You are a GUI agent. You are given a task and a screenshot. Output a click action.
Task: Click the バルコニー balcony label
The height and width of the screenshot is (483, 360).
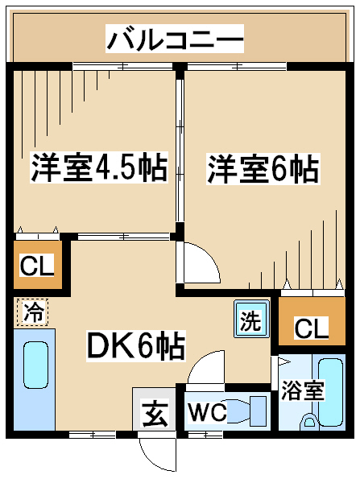pyautogui.click(x=175, y=39)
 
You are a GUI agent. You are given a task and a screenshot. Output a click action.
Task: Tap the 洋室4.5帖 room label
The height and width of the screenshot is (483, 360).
pyautogui.click(x=99, y=168)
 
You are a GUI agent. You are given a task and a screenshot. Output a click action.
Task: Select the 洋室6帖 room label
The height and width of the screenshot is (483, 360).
pyautogui.click(x=263, y=169)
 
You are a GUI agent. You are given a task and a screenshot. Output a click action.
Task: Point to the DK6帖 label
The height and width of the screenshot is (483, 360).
pyautogui.click(x=136, y=345)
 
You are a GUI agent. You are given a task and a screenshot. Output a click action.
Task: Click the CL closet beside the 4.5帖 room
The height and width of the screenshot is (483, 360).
pyautogui.click(x=38, y=265)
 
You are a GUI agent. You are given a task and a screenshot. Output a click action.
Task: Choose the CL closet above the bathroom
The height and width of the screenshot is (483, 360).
pyautogui.click(x=312, y=321)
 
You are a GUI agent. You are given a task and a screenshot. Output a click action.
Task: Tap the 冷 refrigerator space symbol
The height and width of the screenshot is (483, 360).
pyautogui.click(x=33, y=312)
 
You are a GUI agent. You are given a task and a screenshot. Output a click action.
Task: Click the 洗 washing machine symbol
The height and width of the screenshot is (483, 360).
pyautogui.click(x=251, y=319)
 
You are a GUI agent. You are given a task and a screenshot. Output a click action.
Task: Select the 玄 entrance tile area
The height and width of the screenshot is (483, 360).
pyautogui.click(x=154, y=409)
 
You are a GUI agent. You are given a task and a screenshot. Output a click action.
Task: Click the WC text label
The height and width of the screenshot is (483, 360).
pyautogui.click(x=207, y=411)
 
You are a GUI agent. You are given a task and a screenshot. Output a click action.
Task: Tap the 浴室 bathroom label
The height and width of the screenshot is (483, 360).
pyautogui.click(x=302, y=390)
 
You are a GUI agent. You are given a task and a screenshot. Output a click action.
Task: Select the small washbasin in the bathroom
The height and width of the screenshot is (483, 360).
pyautogui.click(x=308, y=421)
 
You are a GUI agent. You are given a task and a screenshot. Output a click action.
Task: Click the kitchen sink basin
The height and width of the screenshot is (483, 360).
pyautogui.click(x=35, y=365)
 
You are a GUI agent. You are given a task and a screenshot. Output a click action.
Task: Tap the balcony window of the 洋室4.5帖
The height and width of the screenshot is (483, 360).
pyautogui.click(x=122, y=66)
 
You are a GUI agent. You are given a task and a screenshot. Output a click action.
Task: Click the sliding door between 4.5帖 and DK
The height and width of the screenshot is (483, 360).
pyautogui.click(x=123, y=237)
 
